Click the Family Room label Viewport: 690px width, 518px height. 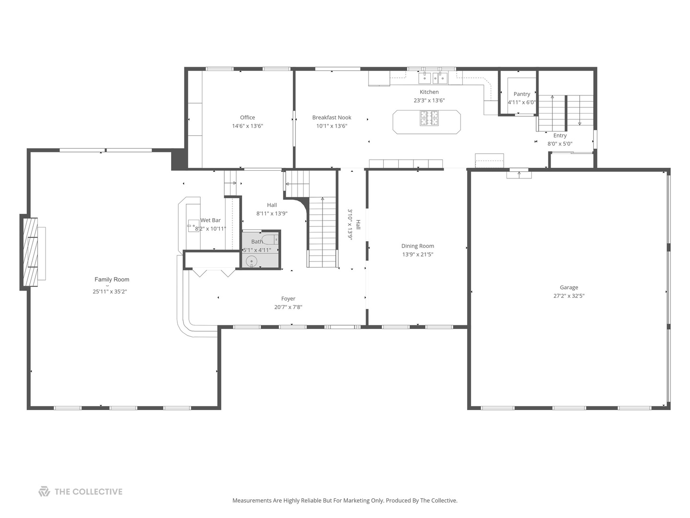112,280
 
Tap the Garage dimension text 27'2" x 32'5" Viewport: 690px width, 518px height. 569,296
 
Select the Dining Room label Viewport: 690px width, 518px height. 417,246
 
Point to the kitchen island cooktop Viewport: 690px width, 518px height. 429,118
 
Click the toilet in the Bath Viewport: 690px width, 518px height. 270,239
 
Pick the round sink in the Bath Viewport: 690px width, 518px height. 252,261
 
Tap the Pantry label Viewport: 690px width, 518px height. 522,94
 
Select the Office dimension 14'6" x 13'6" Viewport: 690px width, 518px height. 247,126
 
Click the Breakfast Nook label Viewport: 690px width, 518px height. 332,118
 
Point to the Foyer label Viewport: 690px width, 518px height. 288,299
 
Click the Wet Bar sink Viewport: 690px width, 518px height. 193,225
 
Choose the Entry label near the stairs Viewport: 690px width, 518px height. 560,136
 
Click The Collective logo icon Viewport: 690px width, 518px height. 44,492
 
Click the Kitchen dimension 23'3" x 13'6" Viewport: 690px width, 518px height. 429,101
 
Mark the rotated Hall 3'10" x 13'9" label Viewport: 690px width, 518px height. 354,224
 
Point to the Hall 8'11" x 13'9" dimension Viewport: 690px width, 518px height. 272,214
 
